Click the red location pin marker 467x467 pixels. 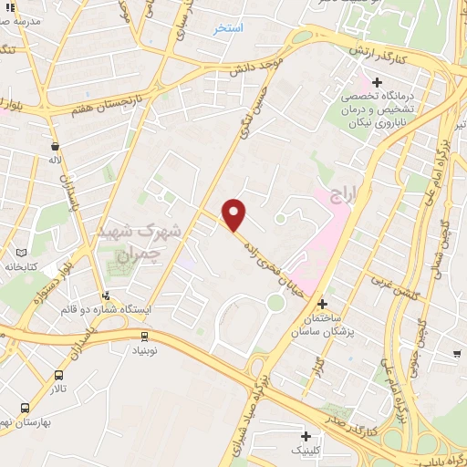235,214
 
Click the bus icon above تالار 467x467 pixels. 59,375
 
